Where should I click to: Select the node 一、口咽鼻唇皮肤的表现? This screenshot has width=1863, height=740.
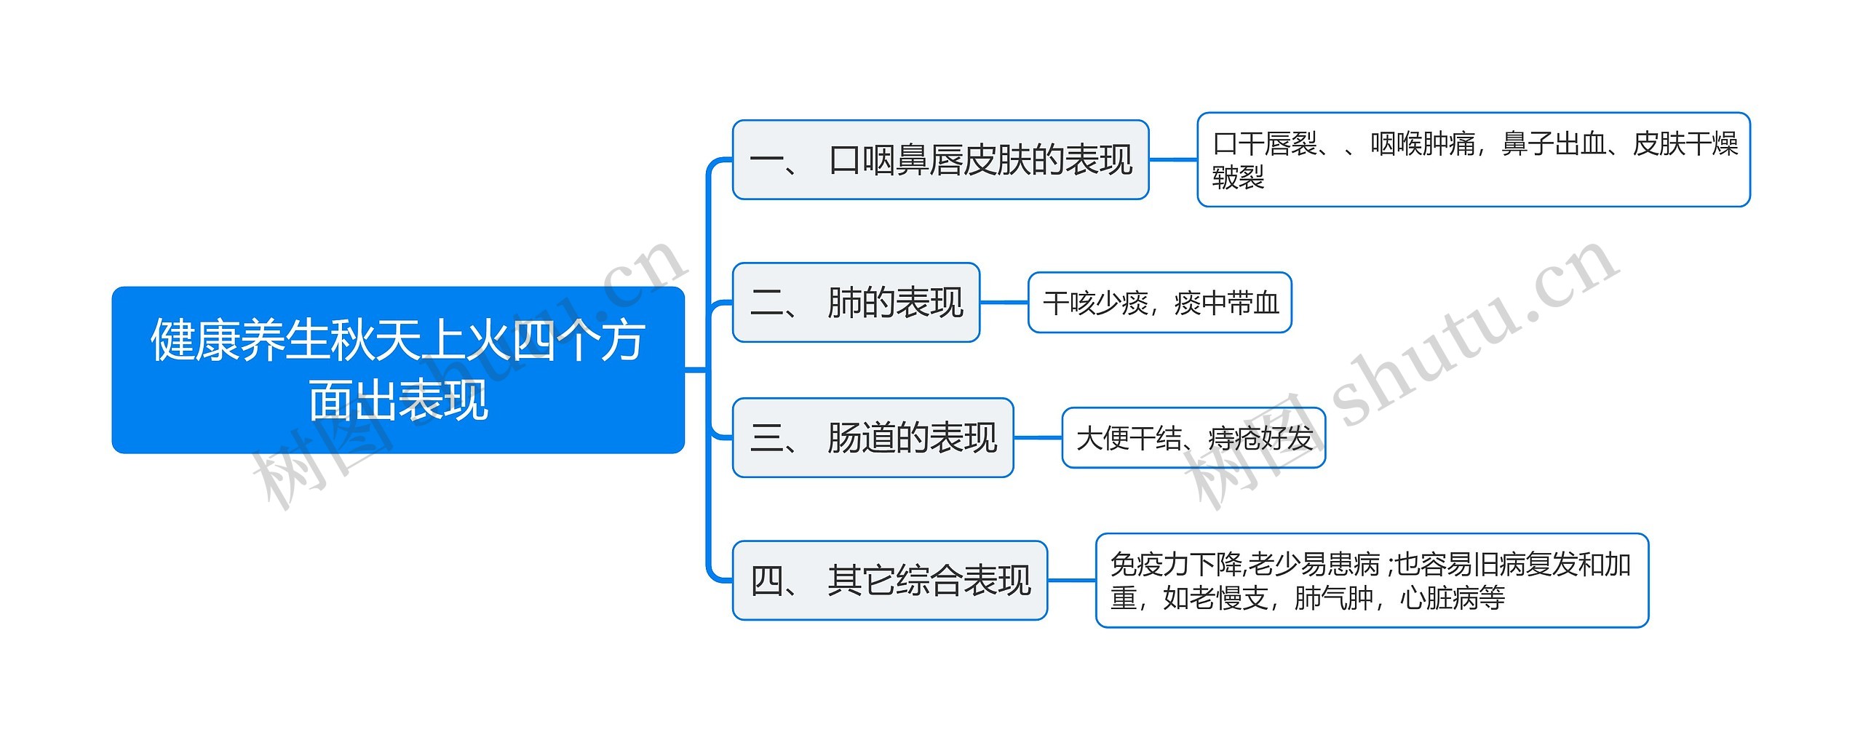[x=940, y=160]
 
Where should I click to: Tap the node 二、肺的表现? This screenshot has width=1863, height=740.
[x=856, y=303]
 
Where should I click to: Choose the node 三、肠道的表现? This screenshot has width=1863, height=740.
[x=873, y=438]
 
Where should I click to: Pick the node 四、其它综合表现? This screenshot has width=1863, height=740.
[x=889, y=581]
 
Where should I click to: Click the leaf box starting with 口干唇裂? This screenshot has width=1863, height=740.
[x=1473, y=160]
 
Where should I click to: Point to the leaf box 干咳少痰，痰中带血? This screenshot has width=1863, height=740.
[x=1159, y=303]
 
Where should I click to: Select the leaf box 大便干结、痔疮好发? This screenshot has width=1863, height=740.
[x=1193, y=438]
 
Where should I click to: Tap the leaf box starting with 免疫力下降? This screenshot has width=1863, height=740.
[x=1372, y=581]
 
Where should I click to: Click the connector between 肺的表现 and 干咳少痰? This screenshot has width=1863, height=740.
[x=1004, y=303]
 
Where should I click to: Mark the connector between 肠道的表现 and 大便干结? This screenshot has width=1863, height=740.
[x=1038, y=438]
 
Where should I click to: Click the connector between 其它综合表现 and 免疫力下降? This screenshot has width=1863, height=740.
[x=1071, y=581]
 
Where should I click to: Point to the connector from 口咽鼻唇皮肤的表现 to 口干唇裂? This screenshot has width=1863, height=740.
[x=1173, y=160]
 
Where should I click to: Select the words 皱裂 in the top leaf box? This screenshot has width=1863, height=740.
[x=1238, y=177]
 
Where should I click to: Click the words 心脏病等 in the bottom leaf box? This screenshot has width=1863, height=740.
[x=1453, y=598]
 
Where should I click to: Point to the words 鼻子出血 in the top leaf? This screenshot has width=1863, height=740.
[x=1554, y=144]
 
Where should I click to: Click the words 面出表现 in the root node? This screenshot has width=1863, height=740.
[x=398, y=400]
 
